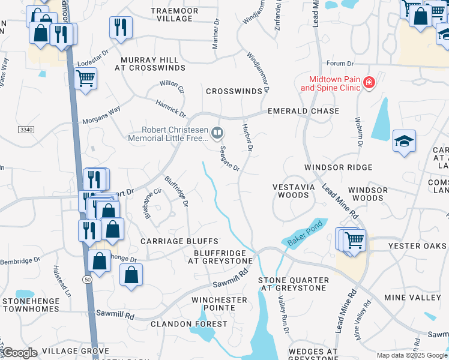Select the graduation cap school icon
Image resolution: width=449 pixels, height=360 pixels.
click(x=404, y=142)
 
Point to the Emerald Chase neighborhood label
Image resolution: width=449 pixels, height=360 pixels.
click(x=303, y=111)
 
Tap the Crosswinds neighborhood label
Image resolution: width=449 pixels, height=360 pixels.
click(x=234, y=91)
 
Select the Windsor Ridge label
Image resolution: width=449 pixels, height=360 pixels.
click(x=338, y=167)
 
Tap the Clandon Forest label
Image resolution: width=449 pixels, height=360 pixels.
click(x=189, y=323)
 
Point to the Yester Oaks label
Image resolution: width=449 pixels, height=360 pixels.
click(x=417, y=246)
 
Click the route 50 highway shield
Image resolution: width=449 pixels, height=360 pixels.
click(x=88, y=280)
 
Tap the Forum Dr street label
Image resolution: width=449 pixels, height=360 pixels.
click(x=340, y=63)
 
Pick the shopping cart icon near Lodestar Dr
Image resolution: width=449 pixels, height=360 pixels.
click(x=86, y=77)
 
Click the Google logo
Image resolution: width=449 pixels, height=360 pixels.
click(x=20, y=353)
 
